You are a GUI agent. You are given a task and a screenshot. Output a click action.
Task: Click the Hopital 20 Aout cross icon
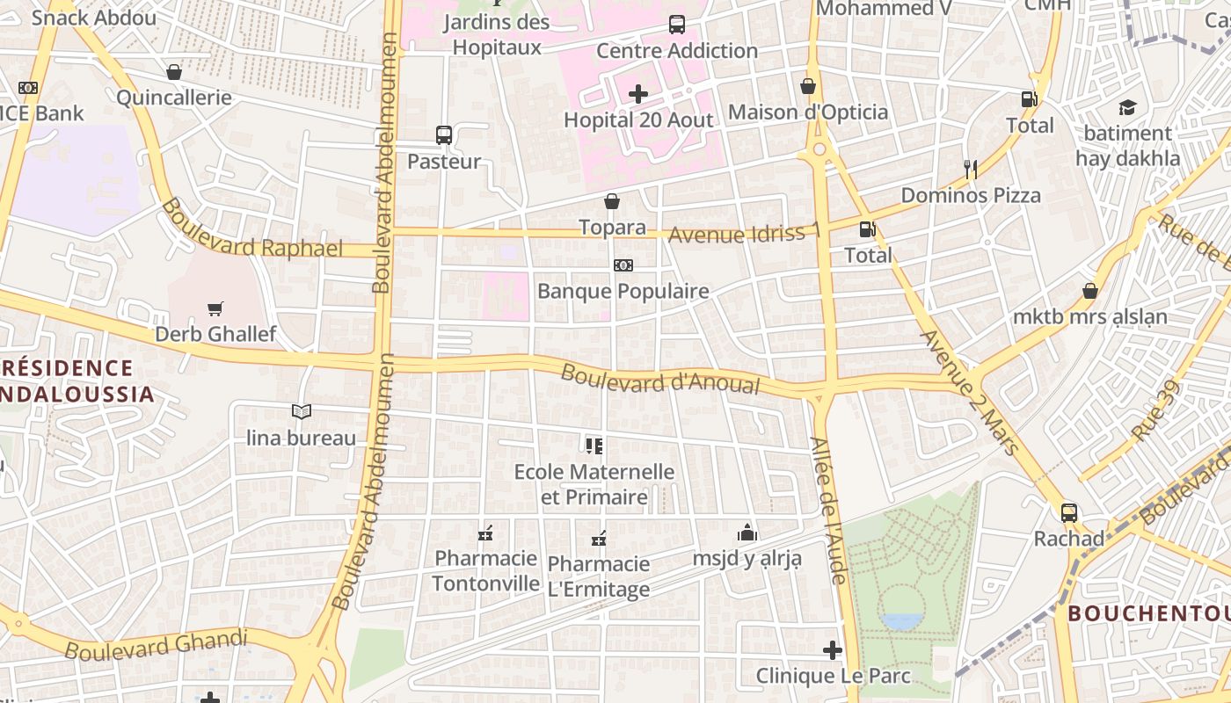[x=638, y=94]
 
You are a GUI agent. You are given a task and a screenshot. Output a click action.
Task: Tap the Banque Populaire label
[x=623, y=291]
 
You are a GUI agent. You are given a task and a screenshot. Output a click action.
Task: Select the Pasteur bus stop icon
[x=444, y=135]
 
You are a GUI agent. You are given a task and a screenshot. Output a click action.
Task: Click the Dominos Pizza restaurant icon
[x=971, y=170]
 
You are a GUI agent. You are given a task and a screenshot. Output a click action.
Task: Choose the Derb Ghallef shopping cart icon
[x=215, y=308]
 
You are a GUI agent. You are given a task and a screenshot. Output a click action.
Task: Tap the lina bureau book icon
[x=302, y=411]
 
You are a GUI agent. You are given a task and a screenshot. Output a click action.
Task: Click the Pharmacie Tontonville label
[x=485, y=571]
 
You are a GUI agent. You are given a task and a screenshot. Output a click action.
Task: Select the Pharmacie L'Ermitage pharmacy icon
[x=599, y=538]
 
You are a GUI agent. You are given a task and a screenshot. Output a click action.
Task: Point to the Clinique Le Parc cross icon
[x=832, y=650]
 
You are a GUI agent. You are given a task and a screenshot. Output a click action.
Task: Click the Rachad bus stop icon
[x=1069, y=512]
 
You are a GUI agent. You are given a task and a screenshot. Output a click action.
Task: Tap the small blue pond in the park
[x=902, y=620]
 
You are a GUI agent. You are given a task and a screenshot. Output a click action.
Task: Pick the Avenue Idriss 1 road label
[x=744, y=234]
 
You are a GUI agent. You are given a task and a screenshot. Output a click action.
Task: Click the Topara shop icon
[x=612, y=201]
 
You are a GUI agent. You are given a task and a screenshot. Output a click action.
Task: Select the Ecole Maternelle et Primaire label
[x=594, y=484]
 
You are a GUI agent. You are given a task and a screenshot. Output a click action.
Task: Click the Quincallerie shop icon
[x=174, y=72]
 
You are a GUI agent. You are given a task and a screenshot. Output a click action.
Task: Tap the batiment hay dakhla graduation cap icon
[x=1127, y=107]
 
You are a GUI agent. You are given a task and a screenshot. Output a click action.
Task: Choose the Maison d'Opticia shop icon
[x=808, y=86]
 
